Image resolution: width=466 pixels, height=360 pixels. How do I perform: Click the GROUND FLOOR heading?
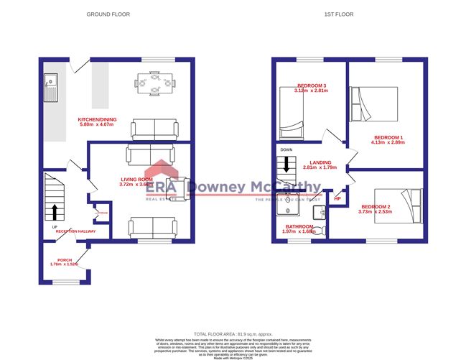tap(108, 14)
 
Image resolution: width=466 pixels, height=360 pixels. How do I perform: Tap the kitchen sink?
tap(52, 87)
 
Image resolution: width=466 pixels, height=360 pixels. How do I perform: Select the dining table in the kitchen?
tap(155, 84)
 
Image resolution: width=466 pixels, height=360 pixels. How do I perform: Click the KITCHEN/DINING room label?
tap(98, 119)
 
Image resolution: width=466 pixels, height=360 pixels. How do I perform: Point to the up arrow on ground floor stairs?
tap(55, 211)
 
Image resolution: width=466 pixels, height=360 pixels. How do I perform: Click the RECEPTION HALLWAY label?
tap(77, 231)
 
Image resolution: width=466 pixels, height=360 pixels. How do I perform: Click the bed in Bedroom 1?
tap(373, 104)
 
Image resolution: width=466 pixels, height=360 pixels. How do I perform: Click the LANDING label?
tap(320, 162)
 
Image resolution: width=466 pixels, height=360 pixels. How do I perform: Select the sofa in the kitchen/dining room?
tap(154, 129)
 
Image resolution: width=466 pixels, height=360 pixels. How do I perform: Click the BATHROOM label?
tap(300, 226)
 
